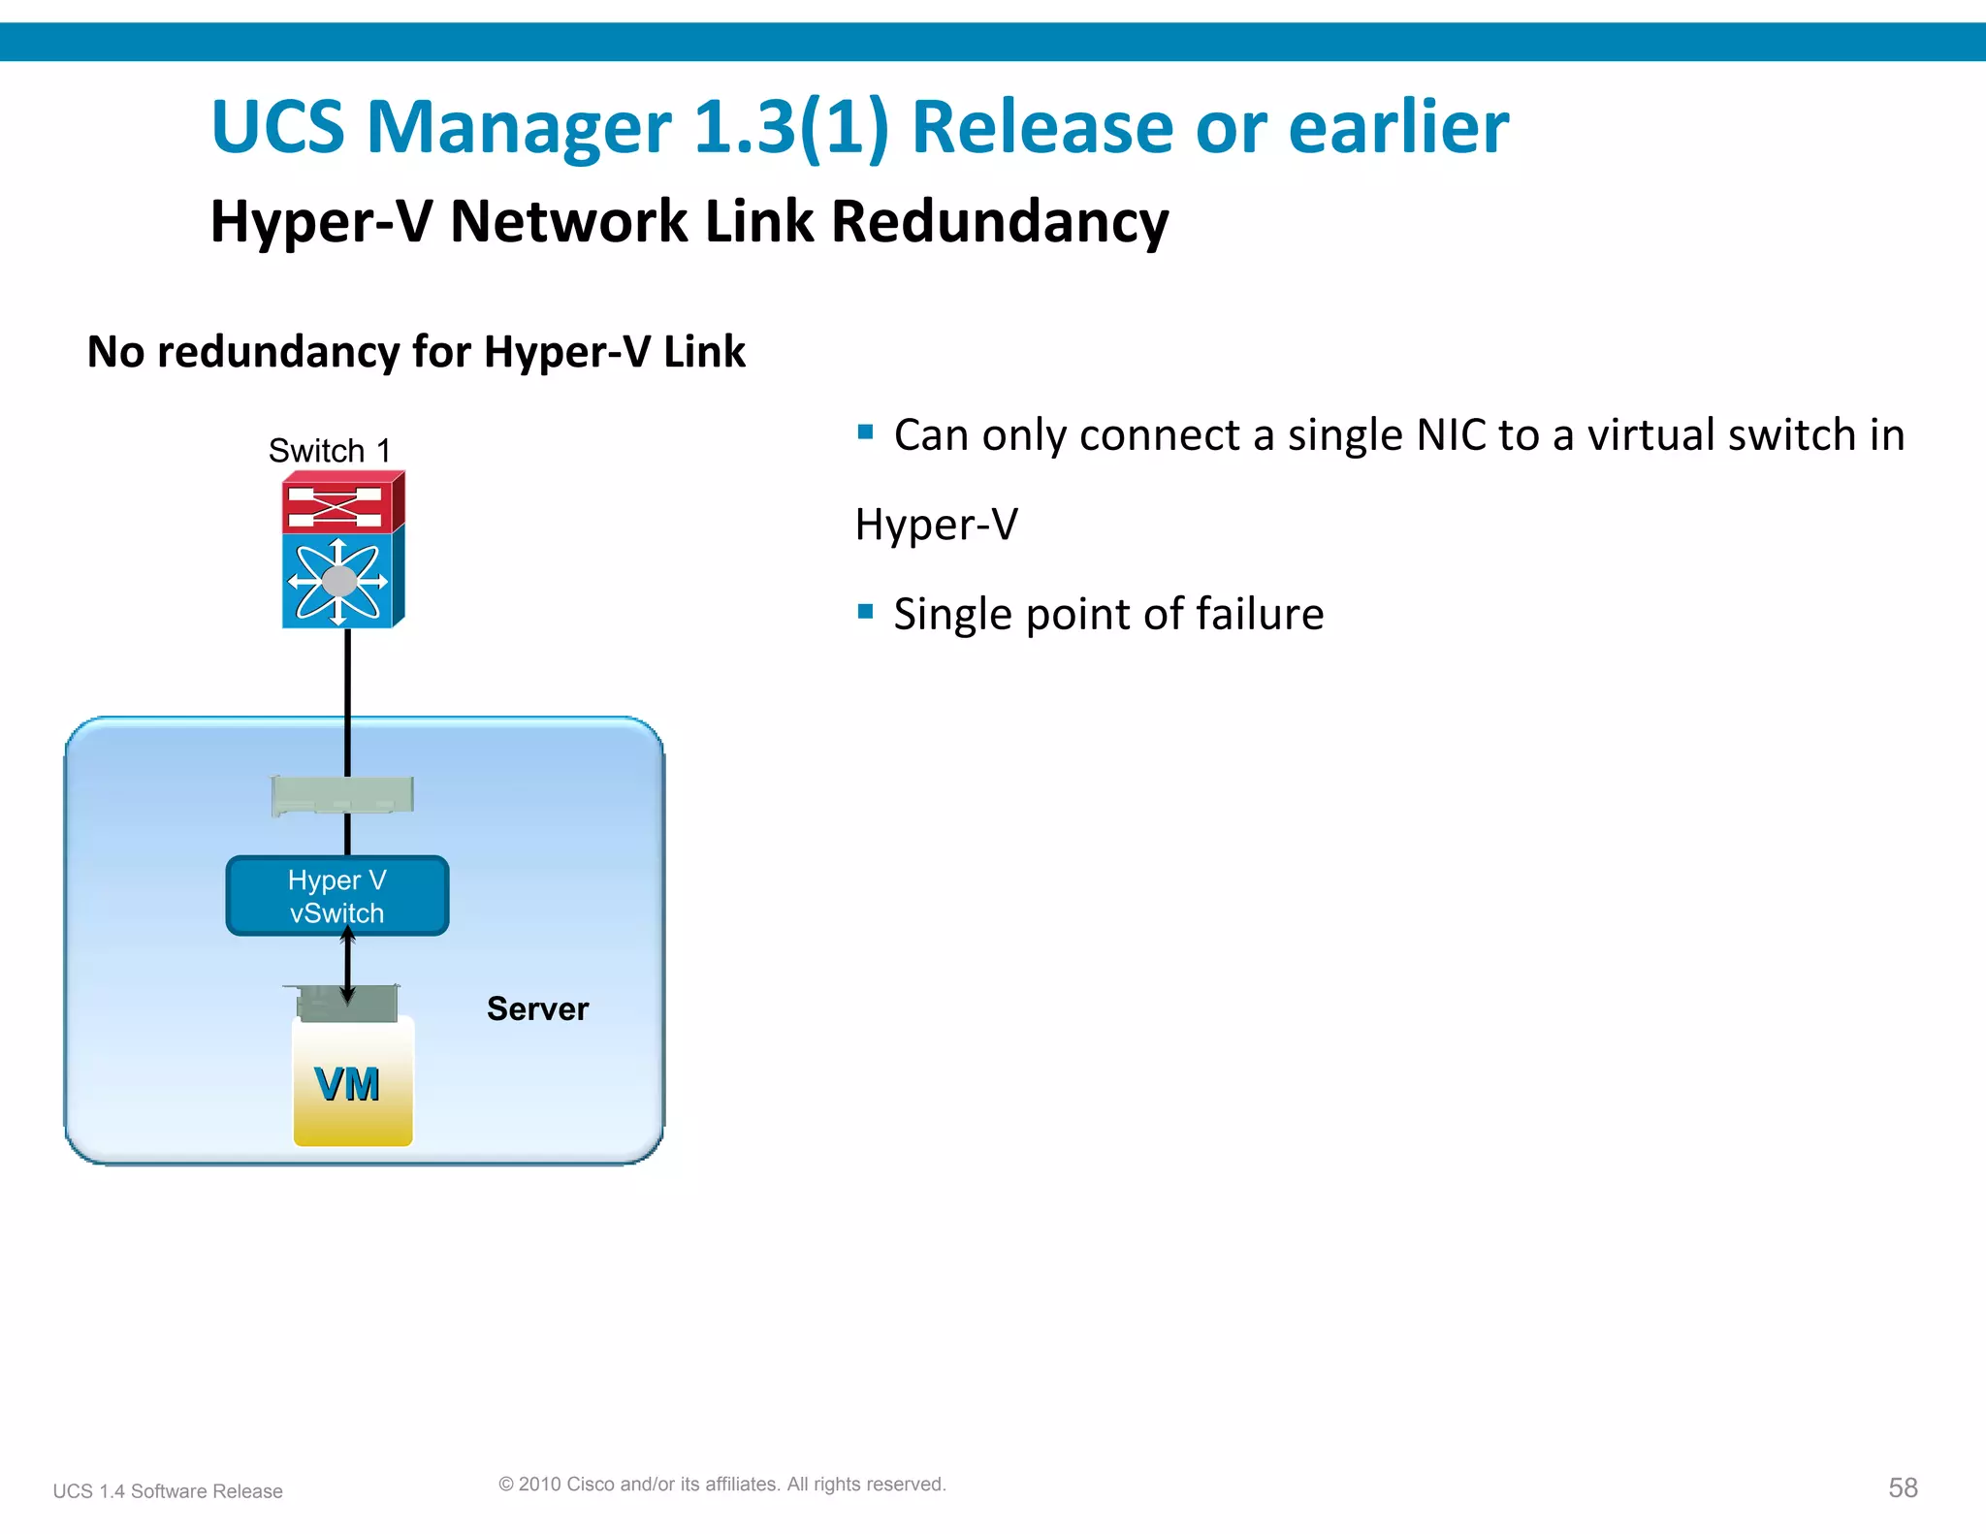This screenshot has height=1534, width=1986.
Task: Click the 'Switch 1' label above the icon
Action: (x=329, y=451)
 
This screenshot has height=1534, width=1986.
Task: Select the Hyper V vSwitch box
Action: (x=336, y=896)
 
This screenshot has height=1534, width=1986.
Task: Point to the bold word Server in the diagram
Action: (x=537, y=1009)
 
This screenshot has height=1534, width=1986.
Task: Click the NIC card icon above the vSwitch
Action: (x=342, y=795)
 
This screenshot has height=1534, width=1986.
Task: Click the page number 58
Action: (x=1903, y=1487)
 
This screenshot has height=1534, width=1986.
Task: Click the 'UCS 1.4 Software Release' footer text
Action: (x=168, y=1491)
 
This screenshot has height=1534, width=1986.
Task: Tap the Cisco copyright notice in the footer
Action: (x=721, y=1484)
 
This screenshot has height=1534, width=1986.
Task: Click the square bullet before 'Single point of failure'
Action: (x=866, y=612)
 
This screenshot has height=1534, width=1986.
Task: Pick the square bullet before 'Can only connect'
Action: (x=866, y=431)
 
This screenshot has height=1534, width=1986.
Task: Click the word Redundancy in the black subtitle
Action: (x=999, y=222)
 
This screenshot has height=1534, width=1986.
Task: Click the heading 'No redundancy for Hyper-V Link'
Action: (x=416, y=352)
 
